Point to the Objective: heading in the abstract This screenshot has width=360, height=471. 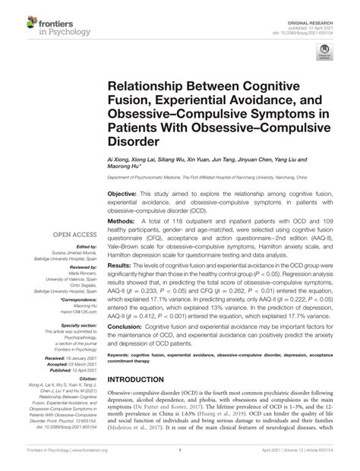pyautogui.click(x=122, y=194)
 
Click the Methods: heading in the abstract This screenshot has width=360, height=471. pyautogui.click(x=120, y=219)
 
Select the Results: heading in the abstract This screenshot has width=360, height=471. pyautogui.click(x=118, y=267)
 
